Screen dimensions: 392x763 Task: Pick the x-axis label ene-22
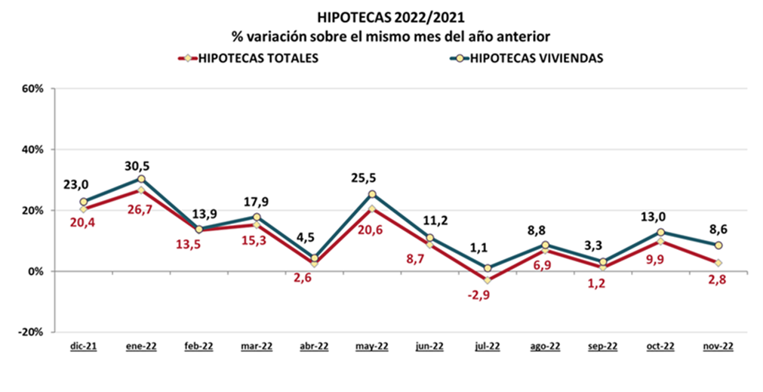(x=141, y=347)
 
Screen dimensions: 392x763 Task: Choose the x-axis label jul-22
(x=488, y=347)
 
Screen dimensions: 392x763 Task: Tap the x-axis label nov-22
(x=718, y=347)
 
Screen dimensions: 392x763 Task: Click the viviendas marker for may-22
(x=372, y=194)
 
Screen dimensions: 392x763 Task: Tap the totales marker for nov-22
(x=718, y=263)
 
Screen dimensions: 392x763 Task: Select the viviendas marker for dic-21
(x=83, y=202)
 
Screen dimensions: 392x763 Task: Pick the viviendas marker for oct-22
(x=660, y=232)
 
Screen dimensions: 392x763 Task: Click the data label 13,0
(x=660, y=216)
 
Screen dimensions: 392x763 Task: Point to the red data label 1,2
(x=603, y=285)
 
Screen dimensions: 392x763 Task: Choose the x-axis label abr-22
(x=314, y=347)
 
